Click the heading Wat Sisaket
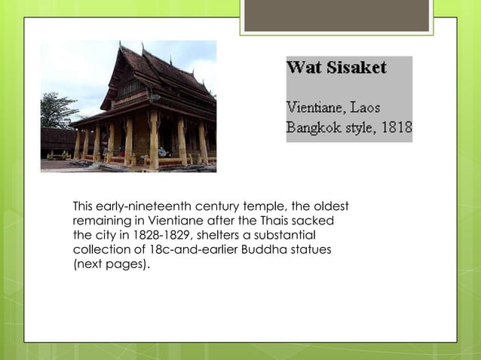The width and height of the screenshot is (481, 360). [336, 68]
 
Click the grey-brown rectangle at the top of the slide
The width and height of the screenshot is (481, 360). [336, 15]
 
